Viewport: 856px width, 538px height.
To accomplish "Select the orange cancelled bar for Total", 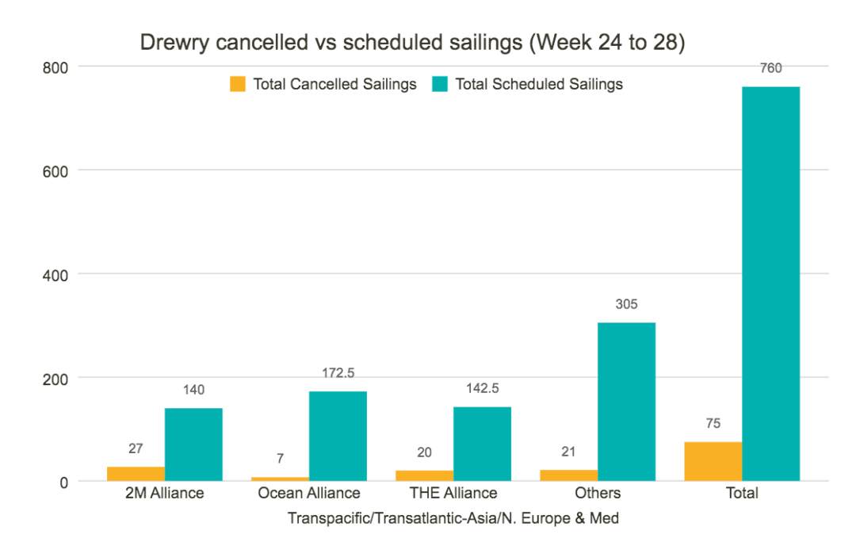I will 713,461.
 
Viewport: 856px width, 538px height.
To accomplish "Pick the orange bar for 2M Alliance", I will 136,473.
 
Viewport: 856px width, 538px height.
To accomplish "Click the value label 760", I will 770,68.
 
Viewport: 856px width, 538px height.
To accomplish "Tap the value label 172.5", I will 338,372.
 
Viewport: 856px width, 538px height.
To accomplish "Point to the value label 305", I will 626,304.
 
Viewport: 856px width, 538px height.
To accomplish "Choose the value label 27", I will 136,448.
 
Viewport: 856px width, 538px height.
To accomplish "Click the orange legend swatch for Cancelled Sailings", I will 238,84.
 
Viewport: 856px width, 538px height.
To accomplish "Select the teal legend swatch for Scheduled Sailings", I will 441,84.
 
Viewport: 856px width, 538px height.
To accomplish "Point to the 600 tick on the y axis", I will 55,170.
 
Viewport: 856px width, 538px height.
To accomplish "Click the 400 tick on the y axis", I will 55,274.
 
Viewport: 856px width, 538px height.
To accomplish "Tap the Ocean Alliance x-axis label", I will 309,493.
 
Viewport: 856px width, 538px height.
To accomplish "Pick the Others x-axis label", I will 598,493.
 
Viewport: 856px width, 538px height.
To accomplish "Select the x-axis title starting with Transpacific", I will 453,518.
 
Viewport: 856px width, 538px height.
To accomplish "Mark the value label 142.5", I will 482,388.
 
